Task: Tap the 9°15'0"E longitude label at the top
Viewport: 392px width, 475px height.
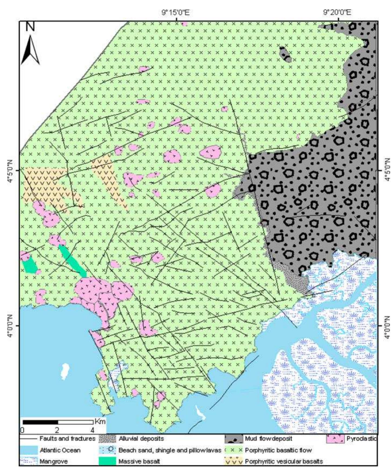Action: click(176, 12)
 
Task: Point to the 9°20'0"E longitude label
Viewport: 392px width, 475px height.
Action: click(337, 12)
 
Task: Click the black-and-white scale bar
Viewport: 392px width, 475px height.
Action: click(58, 422)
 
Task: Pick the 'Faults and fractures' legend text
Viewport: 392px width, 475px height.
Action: click(67, 439)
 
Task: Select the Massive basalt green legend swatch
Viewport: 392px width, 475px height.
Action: click(108, 461)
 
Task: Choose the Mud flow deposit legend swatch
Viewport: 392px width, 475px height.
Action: click(233, 439)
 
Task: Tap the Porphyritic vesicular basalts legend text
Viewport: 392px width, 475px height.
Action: click(284, 461)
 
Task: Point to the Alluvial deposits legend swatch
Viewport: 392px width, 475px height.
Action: click(108, 439)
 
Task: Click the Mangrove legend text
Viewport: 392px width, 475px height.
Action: click(53, 461)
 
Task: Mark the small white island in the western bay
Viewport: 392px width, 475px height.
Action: click(65, 372)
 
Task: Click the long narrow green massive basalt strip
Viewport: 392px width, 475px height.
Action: click(72, 261)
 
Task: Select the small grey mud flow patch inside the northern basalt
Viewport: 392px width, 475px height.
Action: click(285, 54)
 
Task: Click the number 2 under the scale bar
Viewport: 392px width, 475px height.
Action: click(57, 430)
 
